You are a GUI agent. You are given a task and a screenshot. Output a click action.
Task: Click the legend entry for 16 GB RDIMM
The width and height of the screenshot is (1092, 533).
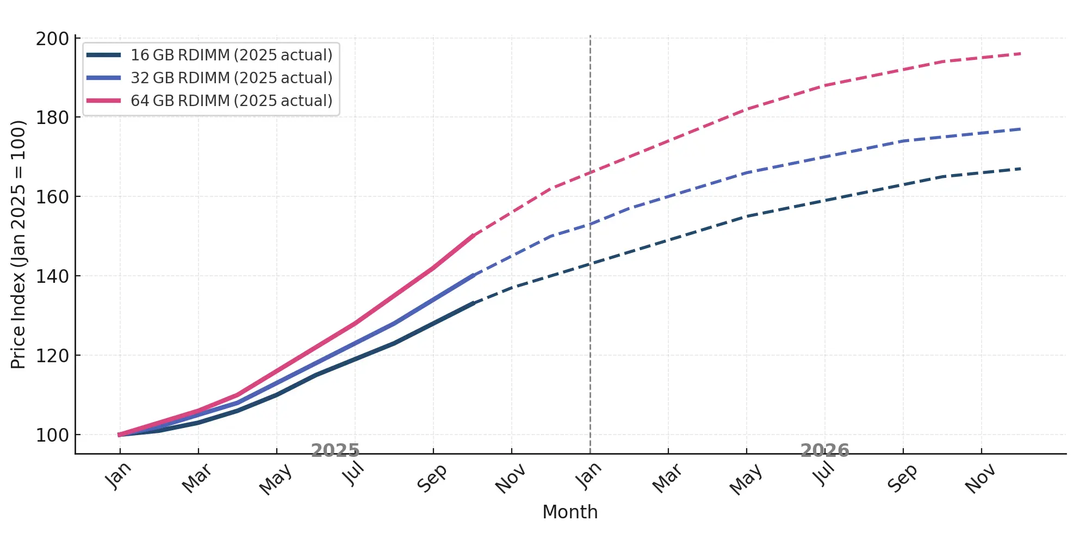pos(231,55)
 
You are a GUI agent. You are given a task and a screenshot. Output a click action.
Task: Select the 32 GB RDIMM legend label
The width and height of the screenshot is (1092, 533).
pos(231,78)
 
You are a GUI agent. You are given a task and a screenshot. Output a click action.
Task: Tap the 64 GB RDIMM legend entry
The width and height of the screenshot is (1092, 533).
pos(231,101)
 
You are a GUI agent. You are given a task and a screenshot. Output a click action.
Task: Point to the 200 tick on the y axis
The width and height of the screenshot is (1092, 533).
pos(52,39)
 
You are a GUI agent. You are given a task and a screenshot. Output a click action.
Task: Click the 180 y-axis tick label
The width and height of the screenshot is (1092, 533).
pos(52,117)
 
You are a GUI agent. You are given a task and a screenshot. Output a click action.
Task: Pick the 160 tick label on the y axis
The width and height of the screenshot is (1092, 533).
pos(52,197)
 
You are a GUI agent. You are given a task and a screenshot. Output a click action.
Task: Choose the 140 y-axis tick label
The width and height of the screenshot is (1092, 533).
pos(52,276)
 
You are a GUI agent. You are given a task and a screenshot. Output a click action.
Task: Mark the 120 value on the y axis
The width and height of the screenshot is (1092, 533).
pos(52,356)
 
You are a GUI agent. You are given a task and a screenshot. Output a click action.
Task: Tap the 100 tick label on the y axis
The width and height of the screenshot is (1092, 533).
pos(52,435)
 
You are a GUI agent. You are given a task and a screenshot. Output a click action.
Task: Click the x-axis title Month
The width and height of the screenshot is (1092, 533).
pos(570,512)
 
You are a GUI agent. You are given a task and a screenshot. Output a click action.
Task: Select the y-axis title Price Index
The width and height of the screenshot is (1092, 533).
pos(18,245)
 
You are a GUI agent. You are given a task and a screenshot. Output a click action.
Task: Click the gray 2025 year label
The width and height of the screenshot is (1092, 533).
pos(335,450)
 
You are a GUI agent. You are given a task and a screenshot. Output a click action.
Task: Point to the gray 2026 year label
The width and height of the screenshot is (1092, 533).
pos(824,450)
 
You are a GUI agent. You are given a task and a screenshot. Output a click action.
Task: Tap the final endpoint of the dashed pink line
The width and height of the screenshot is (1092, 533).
pos(1020,54)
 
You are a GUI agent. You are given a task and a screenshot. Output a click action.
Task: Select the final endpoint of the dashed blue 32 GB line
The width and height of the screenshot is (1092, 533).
pos(1020,129)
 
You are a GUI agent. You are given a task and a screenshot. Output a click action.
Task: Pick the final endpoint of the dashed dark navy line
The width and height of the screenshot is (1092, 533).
pos(1020,169)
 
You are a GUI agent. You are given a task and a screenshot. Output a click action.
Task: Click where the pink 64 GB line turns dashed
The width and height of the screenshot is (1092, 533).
pos(474,235)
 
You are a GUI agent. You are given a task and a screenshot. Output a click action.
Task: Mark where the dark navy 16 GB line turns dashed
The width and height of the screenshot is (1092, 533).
pos(474,303)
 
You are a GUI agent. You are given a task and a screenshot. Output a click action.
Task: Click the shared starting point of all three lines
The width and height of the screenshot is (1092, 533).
pos(120,435)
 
